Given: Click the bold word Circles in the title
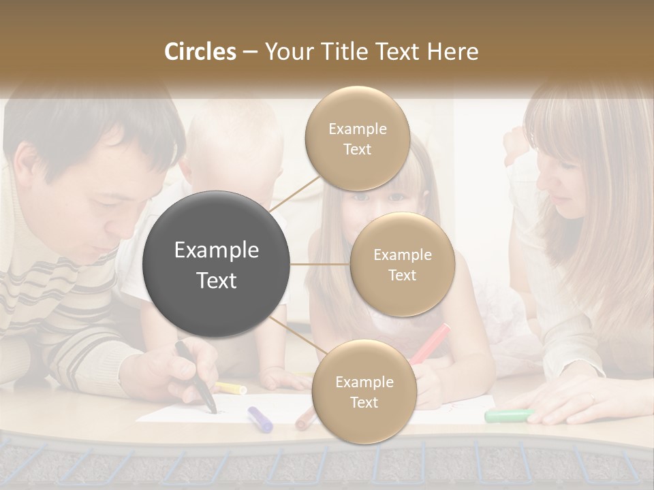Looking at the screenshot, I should (200, 52).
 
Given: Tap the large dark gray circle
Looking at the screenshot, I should (217, 264).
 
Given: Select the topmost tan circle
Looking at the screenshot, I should (357, 139).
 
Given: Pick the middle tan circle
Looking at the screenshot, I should (402, 265).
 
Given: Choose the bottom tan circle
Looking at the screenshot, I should (364, 392).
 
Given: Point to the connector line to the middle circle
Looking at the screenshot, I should (320, 264).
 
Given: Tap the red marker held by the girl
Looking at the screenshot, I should (431, 344).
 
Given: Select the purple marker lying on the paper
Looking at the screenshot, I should (260, 419).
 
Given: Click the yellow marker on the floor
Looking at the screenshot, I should (230, 388).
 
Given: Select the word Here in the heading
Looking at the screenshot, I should (453, 52).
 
